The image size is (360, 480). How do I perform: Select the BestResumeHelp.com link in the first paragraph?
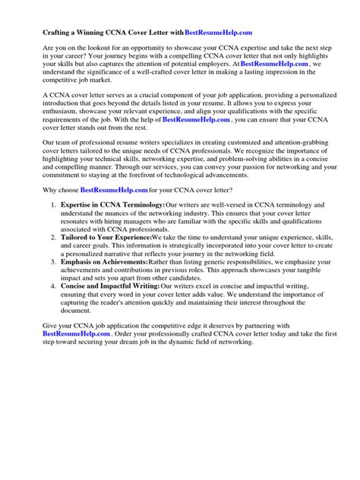click(274, 65)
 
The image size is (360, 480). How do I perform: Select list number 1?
click(53, 206)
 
